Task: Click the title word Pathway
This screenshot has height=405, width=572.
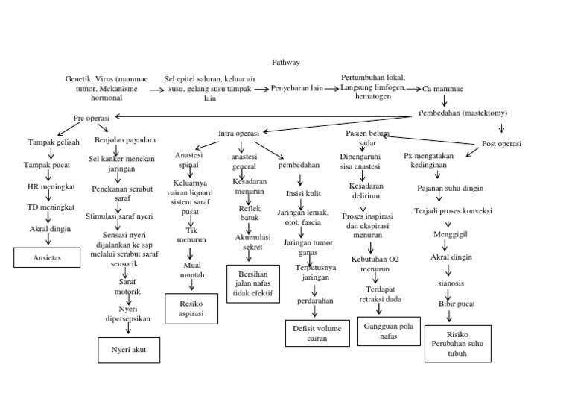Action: pyautogui.click(x=286, y=63)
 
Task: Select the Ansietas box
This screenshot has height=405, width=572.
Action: pyautogui.click(x=48, y=257)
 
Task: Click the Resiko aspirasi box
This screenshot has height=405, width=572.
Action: pyautogui.click(x=191, y=309)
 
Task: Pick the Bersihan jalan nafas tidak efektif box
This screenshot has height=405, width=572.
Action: pyautogui.click(x=252, y=284)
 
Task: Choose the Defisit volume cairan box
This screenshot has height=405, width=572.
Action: pyautogui.click(x=317, y=333)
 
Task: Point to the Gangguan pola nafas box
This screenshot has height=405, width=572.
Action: pyautogui.click(x=390, y=330)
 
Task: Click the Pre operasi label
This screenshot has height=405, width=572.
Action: pyautogui.click(x=91, y=118)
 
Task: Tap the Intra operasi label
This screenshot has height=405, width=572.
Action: pyautogui.click(x=238, y=133)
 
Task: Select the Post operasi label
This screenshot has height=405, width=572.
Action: pyautogui.click(x=501, y=143)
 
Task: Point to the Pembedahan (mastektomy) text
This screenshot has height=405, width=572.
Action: pyautogui.click(x=463, y=113)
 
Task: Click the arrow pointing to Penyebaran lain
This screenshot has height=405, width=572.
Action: pyautogui.click(x=260, y=89)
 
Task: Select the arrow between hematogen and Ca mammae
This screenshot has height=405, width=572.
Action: pyautogui.click(x=413, y=88)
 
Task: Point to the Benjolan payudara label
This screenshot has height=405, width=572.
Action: pyautogui.click(x=125, y=139)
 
